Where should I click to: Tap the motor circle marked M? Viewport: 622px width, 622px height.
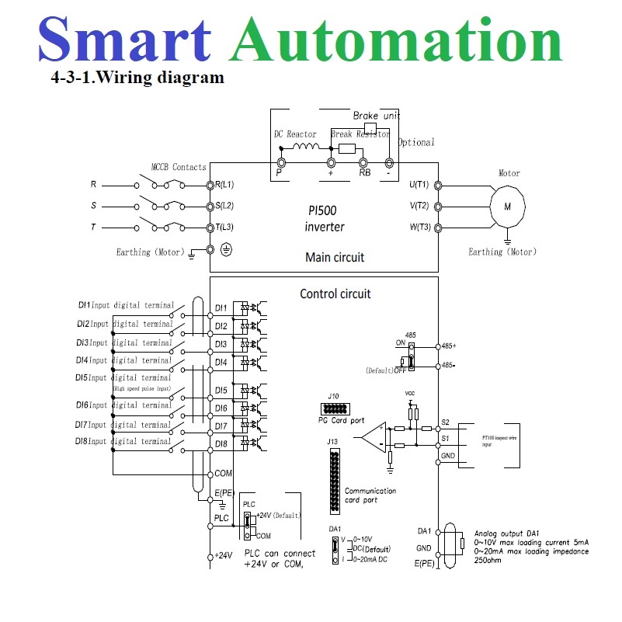click(508, 207)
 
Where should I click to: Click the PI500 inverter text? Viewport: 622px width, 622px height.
click(325, 218)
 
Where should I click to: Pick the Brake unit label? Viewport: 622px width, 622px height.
click(377, 116)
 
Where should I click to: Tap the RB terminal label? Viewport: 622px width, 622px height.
click(364, 173)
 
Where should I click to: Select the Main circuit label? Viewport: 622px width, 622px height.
click(335, 257)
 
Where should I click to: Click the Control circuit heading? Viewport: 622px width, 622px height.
click(335, 294)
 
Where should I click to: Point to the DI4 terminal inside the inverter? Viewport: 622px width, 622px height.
click(221, 362)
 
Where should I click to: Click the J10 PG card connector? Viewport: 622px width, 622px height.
click(334, 408)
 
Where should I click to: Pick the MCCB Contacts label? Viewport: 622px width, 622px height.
click(179, 167)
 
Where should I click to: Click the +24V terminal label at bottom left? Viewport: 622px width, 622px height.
click(224, 556)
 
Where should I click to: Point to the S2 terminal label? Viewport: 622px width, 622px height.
click(446, 422)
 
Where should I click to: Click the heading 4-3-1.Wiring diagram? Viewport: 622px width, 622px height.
click(137, 78)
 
